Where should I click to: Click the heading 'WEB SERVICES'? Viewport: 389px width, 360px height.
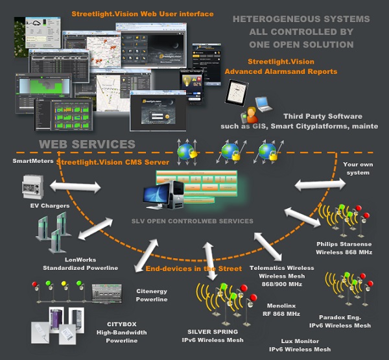tap(86, 144)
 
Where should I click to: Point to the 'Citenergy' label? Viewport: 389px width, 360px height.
tap(151, 291)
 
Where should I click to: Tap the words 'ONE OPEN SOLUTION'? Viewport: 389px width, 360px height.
tap(301, 44)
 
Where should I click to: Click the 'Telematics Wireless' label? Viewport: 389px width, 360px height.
tap(281, 268)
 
